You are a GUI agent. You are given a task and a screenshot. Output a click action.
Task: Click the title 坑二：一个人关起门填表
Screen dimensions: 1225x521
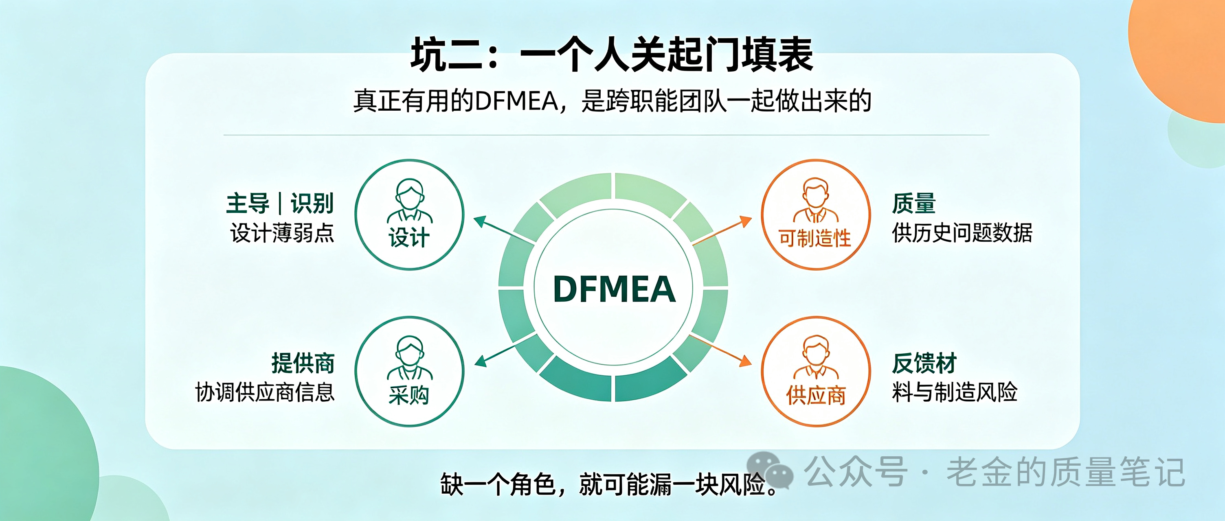612,55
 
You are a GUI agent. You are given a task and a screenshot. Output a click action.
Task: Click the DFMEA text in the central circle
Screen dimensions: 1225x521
614,289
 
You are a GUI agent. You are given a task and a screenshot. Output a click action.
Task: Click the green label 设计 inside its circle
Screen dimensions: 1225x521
409,238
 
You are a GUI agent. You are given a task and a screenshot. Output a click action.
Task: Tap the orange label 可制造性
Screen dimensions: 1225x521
814,238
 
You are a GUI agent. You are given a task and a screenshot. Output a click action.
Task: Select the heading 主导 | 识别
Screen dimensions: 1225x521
280,204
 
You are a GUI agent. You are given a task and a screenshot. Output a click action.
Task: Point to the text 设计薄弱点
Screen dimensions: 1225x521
283,233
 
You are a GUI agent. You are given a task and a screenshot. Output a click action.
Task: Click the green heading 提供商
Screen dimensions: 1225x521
303,363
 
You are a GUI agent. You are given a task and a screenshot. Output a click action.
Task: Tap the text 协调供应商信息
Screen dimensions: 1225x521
265,393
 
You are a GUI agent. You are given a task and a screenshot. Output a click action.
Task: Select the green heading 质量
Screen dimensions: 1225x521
913,204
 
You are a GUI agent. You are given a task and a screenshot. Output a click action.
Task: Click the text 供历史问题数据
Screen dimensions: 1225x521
962,233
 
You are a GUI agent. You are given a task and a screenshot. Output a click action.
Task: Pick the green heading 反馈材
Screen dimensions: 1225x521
924,363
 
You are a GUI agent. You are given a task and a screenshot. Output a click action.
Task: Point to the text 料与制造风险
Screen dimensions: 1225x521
955,393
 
